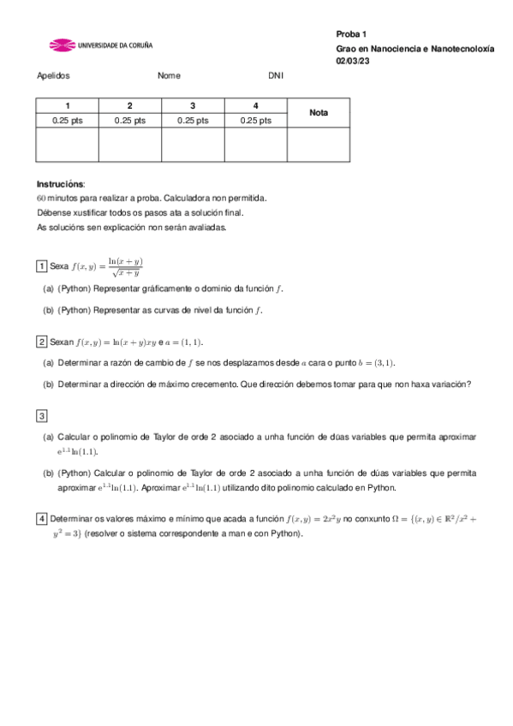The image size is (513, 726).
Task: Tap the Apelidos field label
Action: [53, 75]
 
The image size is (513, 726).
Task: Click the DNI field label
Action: [275, 75]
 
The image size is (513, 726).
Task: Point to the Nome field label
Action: [169, 75]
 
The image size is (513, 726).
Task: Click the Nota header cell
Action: [319, 113]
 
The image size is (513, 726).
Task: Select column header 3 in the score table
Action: [193, 105]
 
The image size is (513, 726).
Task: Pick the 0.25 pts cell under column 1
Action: [68, 121]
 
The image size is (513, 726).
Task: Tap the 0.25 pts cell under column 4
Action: [255, 121]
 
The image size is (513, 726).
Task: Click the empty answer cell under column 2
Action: [130, 144]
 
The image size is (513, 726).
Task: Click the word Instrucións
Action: [60, 184]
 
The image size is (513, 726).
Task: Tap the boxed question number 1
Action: [41, 266]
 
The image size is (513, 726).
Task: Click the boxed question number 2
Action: [41, 342]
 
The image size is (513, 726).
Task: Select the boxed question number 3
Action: [41, 416]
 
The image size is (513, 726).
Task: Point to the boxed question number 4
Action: [41, 519]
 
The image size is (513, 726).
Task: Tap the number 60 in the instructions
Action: [42, 198]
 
